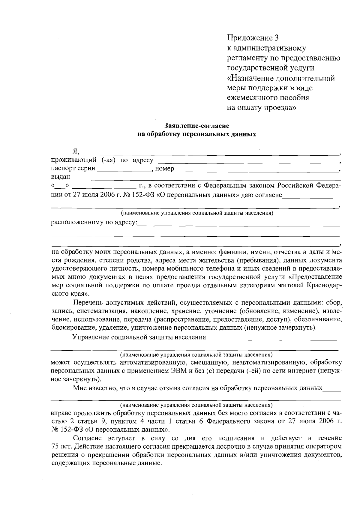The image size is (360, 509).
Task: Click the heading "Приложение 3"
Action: point(253,38)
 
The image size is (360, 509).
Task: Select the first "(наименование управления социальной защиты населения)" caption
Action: point(196,213)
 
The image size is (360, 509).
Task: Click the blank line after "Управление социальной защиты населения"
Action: point(271,339)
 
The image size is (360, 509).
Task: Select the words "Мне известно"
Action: point(91,388)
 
